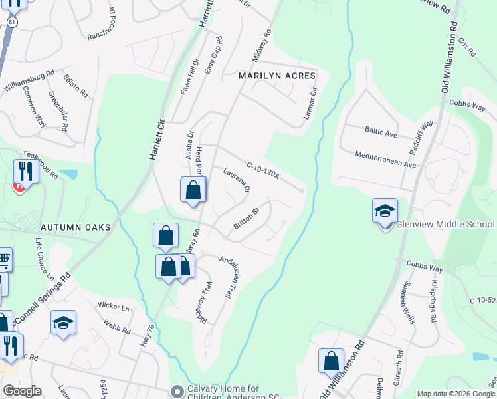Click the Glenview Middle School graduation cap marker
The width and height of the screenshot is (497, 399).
[385, 211]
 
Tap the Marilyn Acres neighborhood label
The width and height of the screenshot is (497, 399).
[277, 76]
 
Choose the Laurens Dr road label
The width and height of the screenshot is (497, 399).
[236, 180]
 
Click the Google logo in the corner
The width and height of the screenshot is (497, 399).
[22, 391]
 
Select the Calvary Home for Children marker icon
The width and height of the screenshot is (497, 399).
[176, 390]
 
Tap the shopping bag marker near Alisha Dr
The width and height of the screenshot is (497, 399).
[193, 190]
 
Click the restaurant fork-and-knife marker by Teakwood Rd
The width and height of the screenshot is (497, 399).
[24, 172]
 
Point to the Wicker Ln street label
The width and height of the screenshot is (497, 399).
[114, 307]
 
